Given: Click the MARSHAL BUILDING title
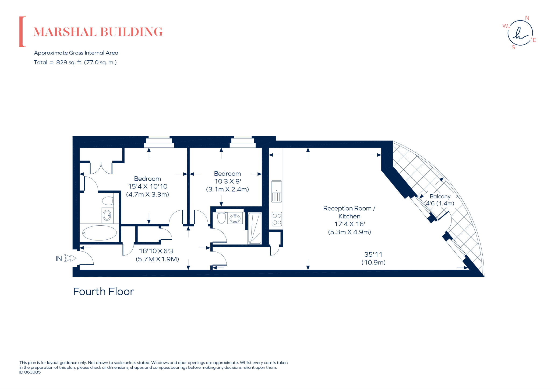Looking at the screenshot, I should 98,32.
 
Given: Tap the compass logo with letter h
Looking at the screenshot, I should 520,33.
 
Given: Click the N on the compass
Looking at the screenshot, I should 527,18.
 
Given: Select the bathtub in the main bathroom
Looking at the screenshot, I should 99,233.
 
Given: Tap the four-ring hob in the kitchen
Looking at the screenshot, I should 277,219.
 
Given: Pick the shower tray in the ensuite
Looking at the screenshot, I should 254,228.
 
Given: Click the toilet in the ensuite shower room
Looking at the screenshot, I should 221,218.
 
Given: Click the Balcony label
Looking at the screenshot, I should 440,197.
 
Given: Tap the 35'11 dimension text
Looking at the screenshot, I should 373,254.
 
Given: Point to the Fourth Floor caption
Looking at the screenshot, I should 103,292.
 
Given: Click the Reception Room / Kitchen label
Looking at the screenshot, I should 349,212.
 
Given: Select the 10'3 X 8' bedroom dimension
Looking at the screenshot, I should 227,181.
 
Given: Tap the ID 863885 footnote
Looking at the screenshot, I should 30,372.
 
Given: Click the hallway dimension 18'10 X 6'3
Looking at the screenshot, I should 156,251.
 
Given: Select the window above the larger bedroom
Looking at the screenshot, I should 159,142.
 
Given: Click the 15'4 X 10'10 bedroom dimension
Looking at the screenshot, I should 148,186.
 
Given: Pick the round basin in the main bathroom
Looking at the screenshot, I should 107,215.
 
